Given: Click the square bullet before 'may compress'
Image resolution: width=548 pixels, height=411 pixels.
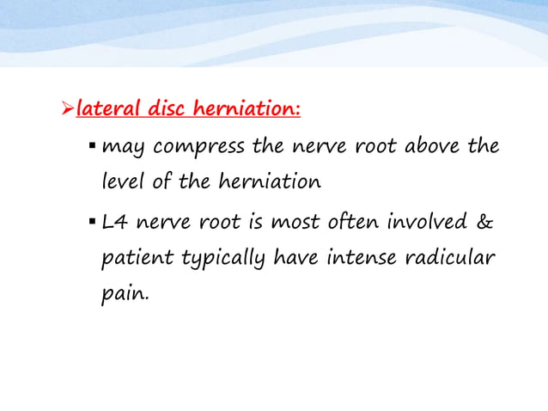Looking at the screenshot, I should [x=92, y=145].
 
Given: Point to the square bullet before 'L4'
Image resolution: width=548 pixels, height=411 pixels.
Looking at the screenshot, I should [x=92, y=222].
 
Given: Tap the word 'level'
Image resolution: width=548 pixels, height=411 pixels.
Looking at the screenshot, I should [x=120, y=183].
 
